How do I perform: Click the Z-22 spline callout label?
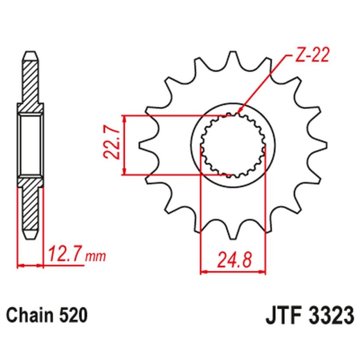(312, 55)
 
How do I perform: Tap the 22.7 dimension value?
(112, 144)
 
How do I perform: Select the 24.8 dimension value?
(234, 260)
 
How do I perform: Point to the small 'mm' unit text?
(95, 256)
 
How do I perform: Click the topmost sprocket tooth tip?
(233, 52)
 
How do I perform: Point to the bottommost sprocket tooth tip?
(233, 239)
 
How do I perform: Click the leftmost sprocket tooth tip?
(140, 145)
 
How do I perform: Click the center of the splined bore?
(233, 145)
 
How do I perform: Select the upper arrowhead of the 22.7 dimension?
(124, 118)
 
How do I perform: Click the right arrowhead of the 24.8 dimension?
(263, 272)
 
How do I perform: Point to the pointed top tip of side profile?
(30, 52)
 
